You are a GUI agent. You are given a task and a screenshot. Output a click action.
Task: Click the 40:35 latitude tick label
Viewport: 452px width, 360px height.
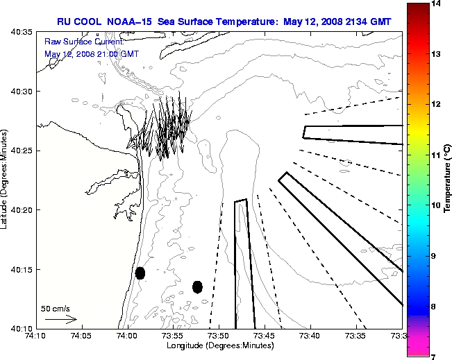(x=23, y=33)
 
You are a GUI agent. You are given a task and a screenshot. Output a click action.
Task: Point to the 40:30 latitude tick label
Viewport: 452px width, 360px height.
(x=23, y=92)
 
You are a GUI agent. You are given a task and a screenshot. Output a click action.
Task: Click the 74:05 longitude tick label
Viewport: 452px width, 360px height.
(x=81, y=336)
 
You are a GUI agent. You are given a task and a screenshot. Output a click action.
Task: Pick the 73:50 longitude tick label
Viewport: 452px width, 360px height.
(x=219, y=336)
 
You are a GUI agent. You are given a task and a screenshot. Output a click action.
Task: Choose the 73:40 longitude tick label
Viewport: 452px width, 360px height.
(x=310, y=336)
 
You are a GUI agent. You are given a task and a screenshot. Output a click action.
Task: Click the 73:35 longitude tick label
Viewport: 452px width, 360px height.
(x=355, y=336)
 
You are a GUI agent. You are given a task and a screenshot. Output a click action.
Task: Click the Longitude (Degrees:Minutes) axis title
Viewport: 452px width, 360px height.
(x=219, y=345)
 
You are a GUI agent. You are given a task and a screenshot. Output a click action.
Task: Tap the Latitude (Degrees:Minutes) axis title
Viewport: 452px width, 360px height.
(x=6, y=180)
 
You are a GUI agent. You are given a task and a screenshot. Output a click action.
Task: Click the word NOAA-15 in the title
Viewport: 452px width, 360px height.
(x=132, y=22)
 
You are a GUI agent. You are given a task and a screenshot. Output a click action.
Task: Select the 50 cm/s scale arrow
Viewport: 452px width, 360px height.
(x=60, y=320)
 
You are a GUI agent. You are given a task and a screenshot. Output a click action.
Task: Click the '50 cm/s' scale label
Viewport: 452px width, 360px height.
(x=56, y=309)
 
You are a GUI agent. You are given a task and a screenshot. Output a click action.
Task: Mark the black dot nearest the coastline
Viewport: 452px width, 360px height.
(x=140, y=273)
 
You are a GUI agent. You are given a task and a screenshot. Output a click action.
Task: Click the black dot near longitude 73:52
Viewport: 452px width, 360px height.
(x=197, y=286)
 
